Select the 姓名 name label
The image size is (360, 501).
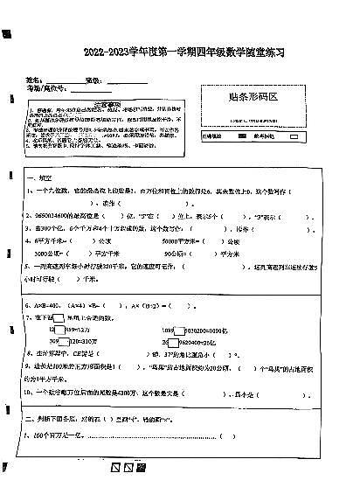coord(34,80)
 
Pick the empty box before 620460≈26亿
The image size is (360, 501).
coord(179,342)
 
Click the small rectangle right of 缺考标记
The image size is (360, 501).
coord(294,137)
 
